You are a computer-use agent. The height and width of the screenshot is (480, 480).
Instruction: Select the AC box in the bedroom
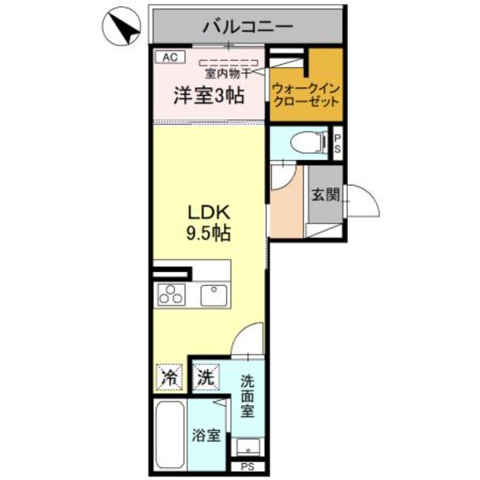pyautogui.click(x=170, y=57)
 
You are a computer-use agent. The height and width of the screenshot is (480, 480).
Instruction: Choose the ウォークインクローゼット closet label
pyautogui.click(x=306, y=95)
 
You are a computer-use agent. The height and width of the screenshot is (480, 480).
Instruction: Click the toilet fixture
pyautogui.click(x=303, y=143)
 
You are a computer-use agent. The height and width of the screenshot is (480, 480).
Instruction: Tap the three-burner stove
pyautogui.click(x=172, y=295)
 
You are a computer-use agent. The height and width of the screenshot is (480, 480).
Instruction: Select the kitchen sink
pyautogui.click(x=212, y=295)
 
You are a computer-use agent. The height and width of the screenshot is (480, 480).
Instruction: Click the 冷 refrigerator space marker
pyautogui.click(x=170, y=378)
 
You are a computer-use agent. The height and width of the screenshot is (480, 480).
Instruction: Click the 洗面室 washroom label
pyautogui.click(x=247, y=396)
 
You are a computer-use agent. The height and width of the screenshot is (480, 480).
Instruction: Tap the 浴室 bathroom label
pyautogui.click(x=206, y=435)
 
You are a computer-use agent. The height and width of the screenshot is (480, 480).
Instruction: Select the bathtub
pyautogui.click(x=169, y=435)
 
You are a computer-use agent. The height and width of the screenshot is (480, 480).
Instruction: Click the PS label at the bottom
pyautogui.click(x=247, y=467)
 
